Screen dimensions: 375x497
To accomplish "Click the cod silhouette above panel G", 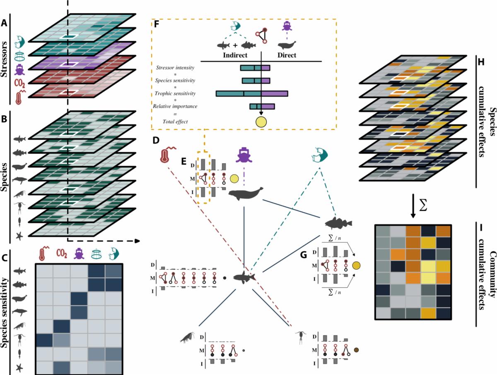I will pos(338,224).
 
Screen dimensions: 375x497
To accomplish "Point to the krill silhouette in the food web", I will pos(189,339).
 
